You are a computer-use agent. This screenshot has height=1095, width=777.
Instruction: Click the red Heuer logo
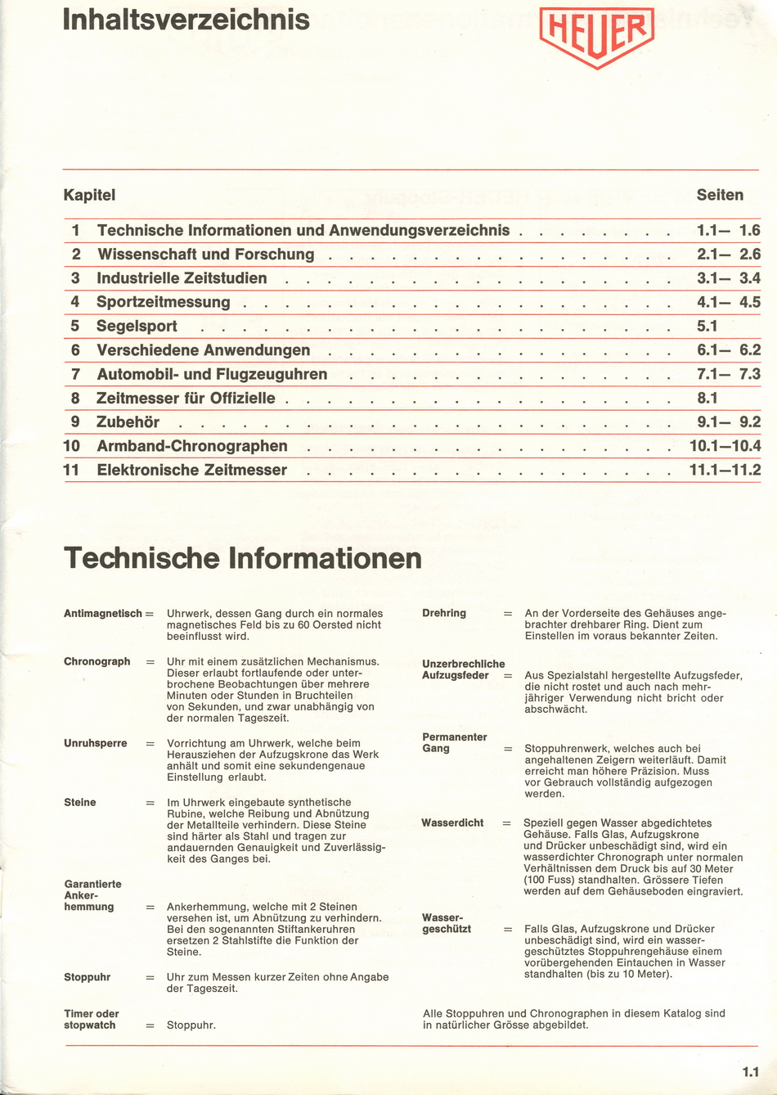coord(596,36)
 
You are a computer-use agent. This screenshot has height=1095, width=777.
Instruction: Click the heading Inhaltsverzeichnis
coord(186,20)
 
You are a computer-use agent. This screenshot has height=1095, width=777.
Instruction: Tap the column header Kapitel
coord(89,195)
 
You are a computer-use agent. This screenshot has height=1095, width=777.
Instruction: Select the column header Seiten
coord(720,195)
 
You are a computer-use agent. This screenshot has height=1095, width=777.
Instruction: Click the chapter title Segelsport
coord(137,327)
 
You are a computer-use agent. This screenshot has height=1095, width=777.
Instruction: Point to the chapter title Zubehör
coord(128,422)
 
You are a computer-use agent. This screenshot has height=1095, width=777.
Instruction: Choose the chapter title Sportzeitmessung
coord(164,302)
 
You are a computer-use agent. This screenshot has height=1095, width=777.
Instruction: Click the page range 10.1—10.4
coord(725,446)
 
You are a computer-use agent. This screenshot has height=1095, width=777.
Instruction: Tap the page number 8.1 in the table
coord(707,399)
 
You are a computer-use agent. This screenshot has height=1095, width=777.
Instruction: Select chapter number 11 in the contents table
coord(71,470)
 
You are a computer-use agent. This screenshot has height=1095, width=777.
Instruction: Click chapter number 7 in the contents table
coord(75,374)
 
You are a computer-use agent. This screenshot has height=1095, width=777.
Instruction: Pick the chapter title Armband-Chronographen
coord(192,446)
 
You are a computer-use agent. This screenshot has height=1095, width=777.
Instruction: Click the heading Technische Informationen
coord(243,559)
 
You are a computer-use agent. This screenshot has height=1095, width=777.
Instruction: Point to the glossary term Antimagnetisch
coord(102,613)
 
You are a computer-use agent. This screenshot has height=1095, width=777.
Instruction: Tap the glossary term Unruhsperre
coord(96,743)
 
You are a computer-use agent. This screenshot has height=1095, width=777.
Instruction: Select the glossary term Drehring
coord(444,613)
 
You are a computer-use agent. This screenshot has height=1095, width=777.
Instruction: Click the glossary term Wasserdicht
coord(452,822)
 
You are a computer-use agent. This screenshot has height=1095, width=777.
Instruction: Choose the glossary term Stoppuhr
coord(87,977)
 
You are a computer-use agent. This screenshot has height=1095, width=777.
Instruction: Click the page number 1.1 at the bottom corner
coord(750,1071)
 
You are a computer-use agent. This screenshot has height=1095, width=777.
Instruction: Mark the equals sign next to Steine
coord(150,803)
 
